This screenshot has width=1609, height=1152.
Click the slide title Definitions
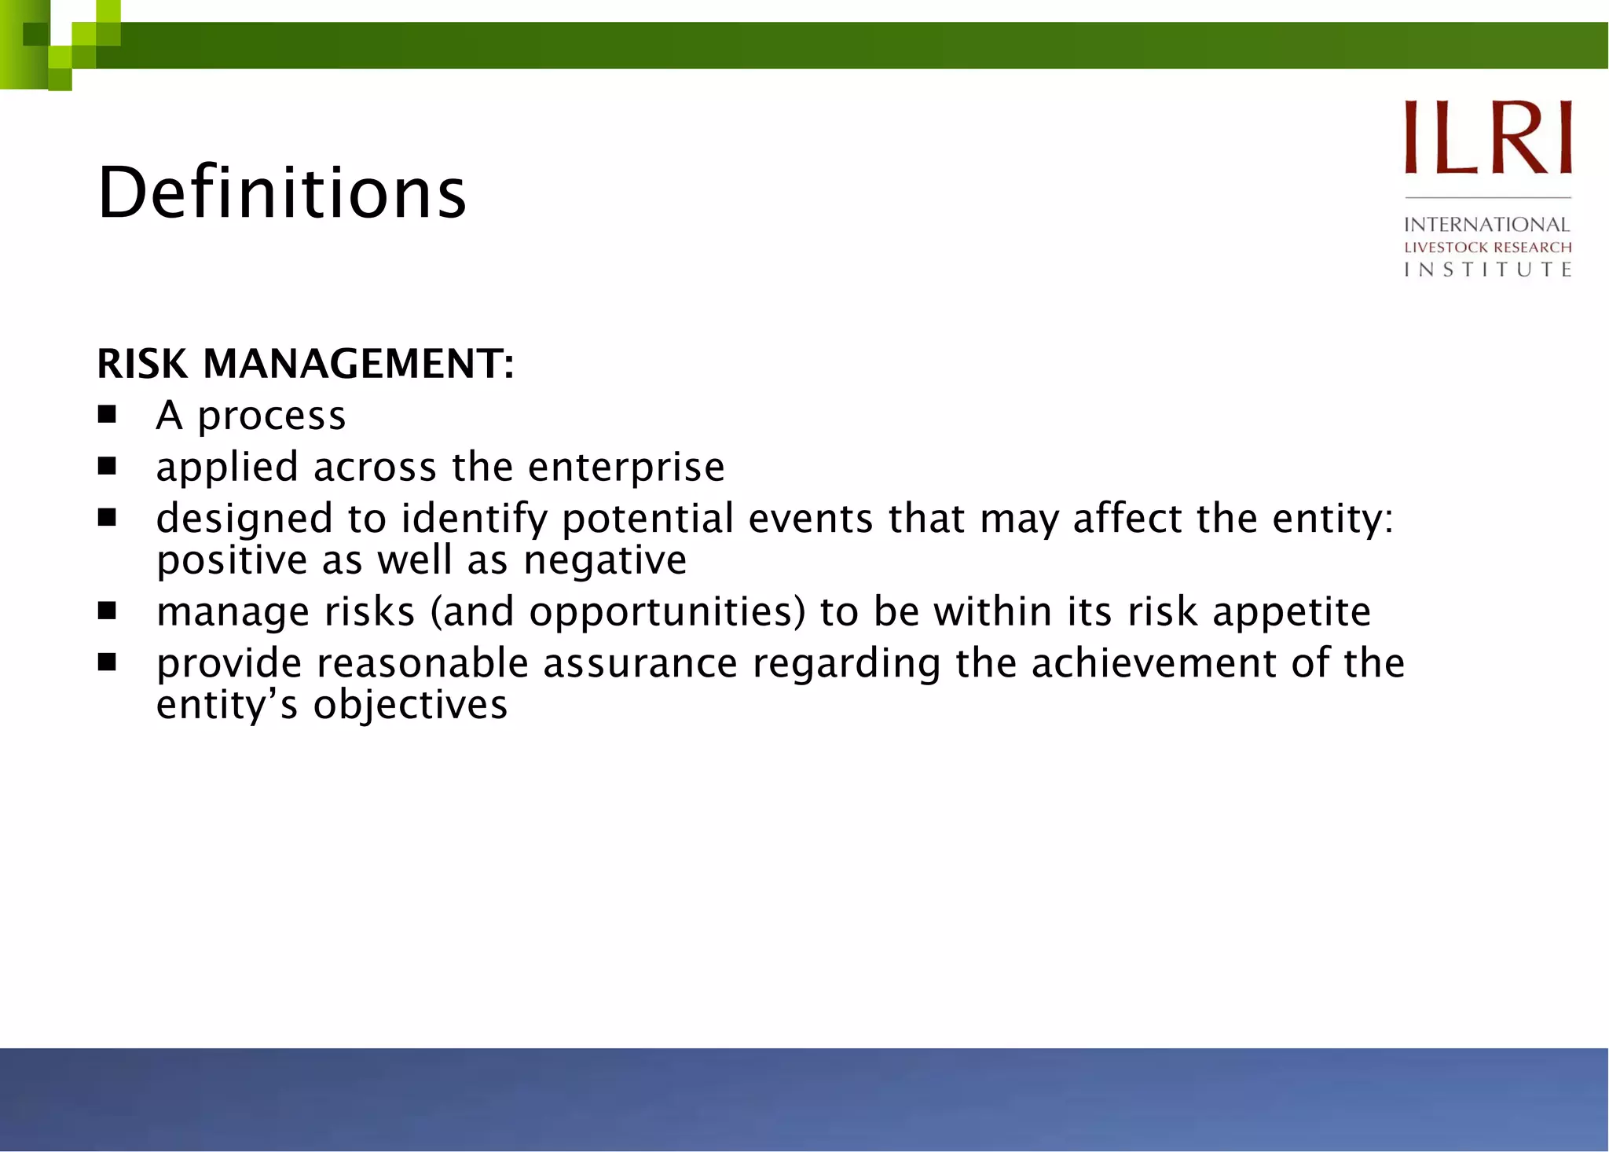282,193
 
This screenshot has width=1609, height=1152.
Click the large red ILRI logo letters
1487,137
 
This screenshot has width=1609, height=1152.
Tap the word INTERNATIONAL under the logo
1486,225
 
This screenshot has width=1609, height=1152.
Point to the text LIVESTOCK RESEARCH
1487,248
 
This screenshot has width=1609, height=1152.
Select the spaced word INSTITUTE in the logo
1487,270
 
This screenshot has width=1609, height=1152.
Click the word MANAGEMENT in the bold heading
358,364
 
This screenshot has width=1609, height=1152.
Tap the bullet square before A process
107,414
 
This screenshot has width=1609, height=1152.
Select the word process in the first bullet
271,416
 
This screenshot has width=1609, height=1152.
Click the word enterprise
626,468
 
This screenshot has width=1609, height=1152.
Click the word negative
605,561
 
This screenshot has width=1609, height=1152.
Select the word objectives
410,705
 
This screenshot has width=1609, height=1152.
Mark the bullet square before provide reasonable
107,662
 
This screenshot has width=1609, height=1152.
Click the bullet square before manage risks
107,611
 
